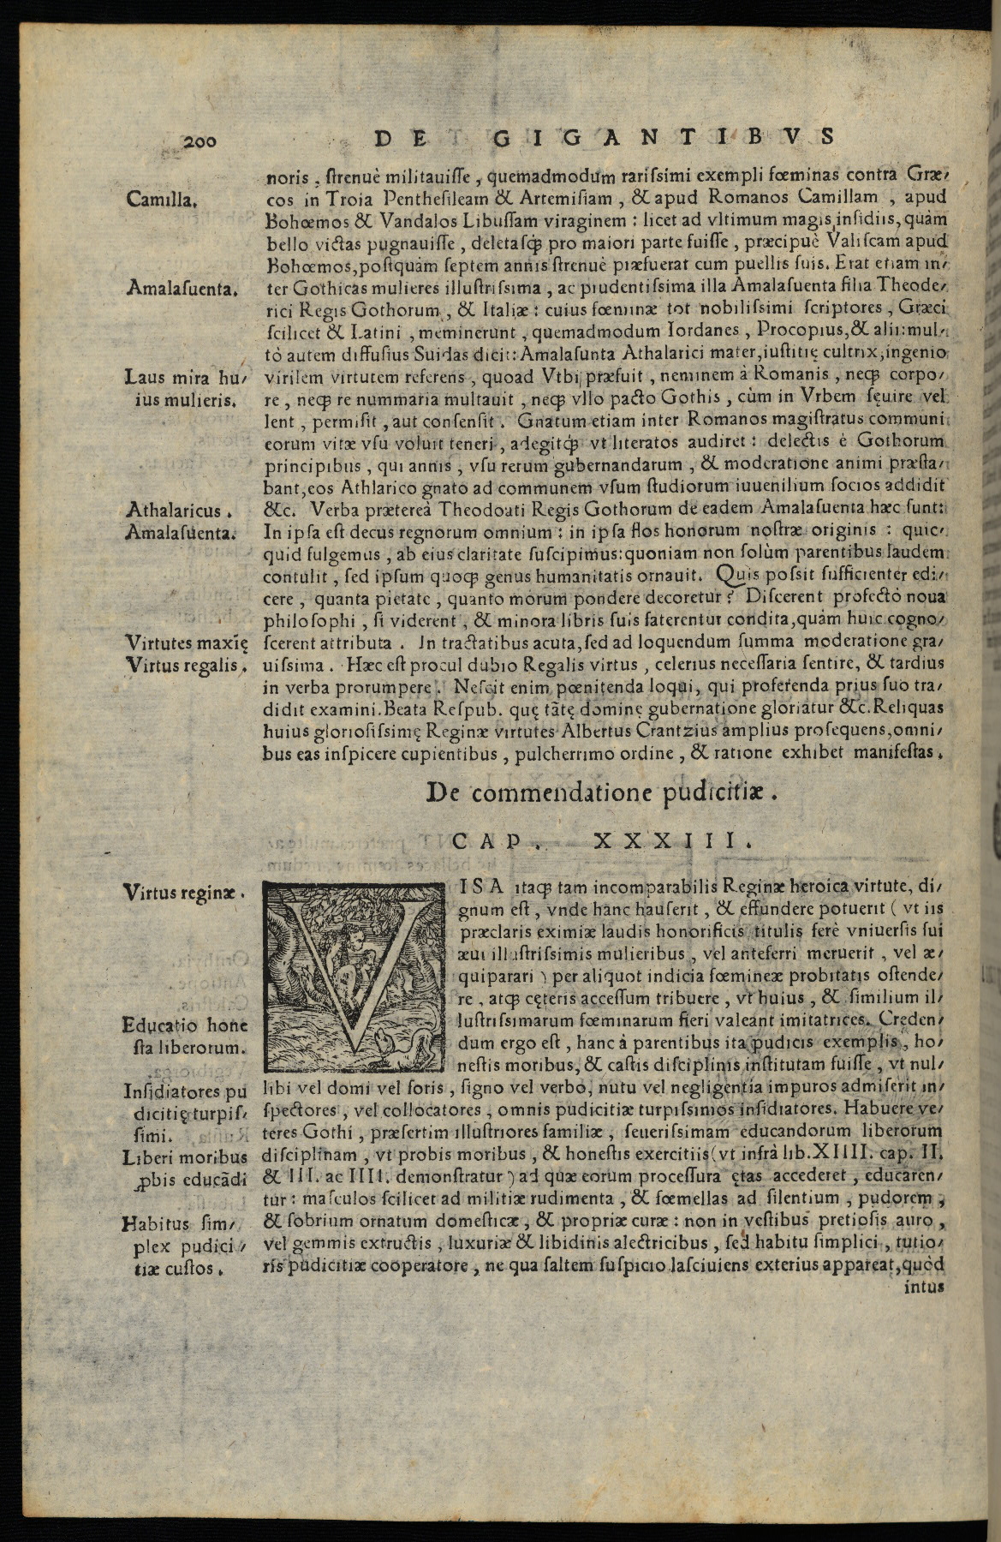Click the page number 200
pyautogui.click(x=201, y=141)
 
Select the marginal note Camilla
pyautogui.click(x=162, y=201)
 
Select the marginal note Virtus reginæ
pyautogui.click(x=184, y=893)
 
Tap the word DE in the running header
pyautogui.click(x=397, y=137)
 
